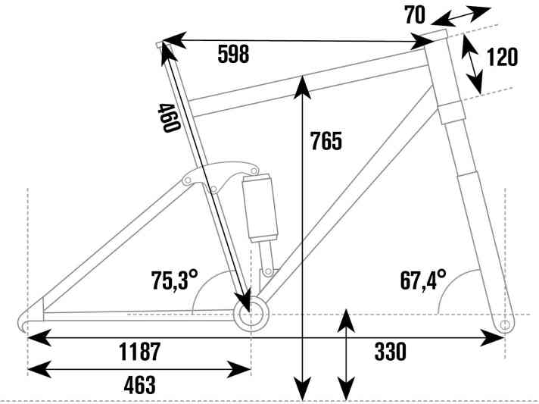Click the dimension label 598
click(232, 55)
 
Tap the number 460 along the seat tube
click(168, 117)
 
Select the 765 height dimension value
click(326, 140)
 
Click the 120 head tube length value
click(502, 58)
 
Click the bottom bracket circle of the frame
click(251, 315)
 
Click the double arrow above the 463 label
click(139, 370)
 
